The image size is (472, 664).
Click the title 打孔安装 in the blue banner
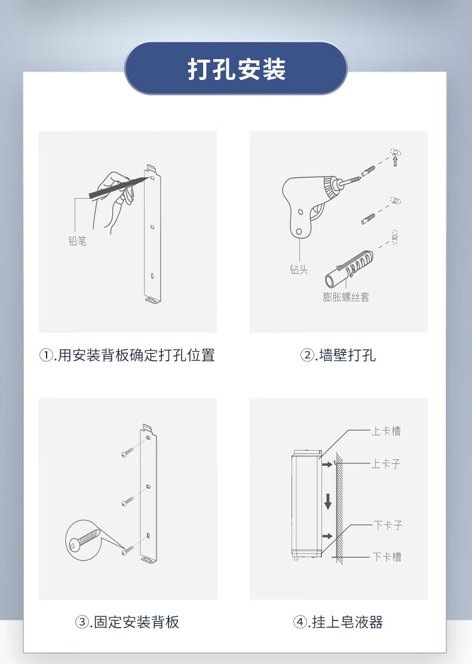click(237, 69)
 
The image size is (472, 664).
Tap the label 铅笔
click(78, 241)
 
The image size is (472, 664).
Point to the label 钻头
click(299, 270)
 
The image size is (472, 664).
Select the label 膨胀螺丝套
click(346, 296)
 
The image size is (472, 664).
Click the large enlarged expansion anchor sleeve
click(350, 269)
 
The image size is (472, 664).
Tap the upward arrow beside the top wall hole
click(396, 161)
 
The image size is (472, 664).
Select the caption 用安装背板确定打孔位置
click(136, 355)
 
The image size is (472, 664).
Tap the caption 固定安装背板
click(136, 622)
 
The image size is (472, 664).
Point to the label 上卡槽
click(386, 431)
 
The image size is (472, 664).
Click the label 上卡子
click(386, 464)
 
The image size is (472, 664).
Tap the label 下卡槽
click(387, 557)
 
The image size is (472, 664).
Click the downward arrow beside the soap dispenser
click(328, 501)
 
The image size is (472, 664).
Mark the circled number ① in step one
click(46, 355)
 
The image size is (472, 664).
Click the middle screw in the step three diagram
click(127, 502)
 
